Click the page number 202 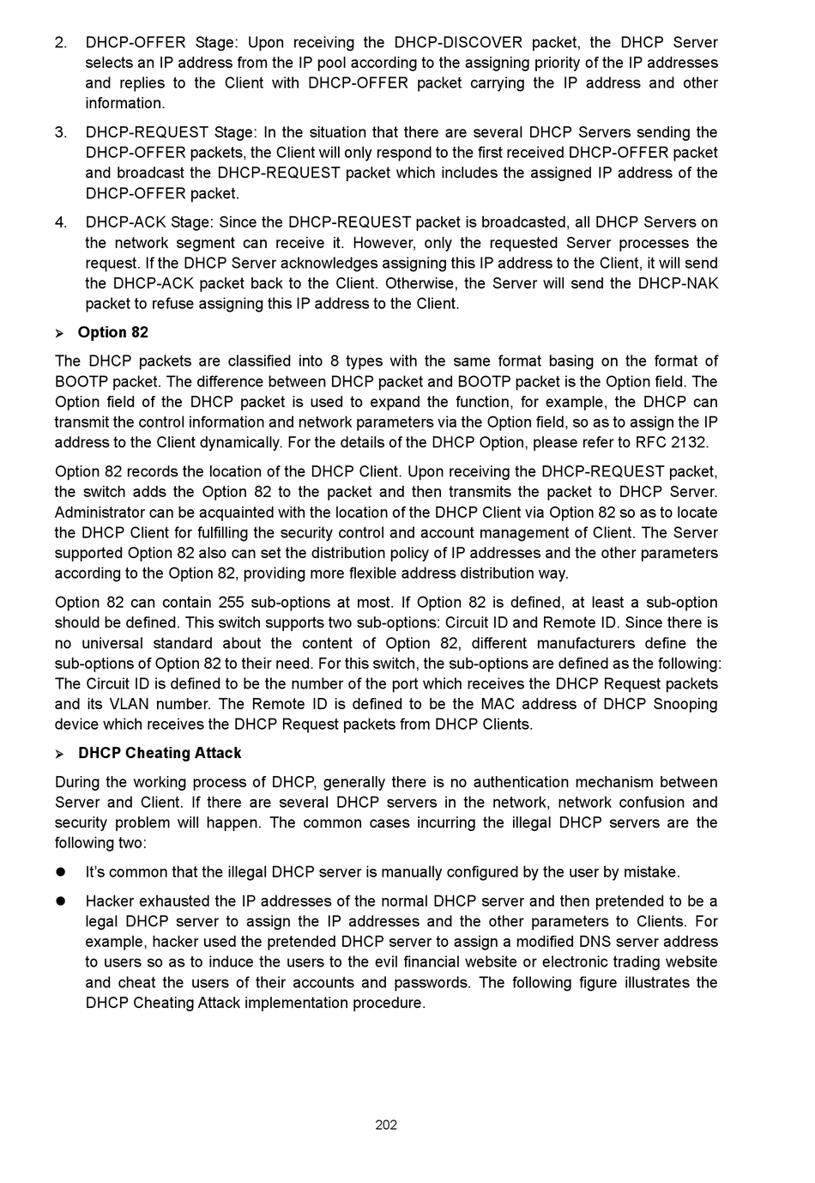(386, 1125)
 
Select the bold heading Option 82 (112, 332)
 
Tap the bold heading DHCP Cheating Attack (160, 753)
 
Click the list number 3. (60, 132)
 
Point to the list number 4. (60, 222)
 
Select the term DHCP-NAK (678, 283)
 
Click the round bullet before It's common (61, 872)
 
